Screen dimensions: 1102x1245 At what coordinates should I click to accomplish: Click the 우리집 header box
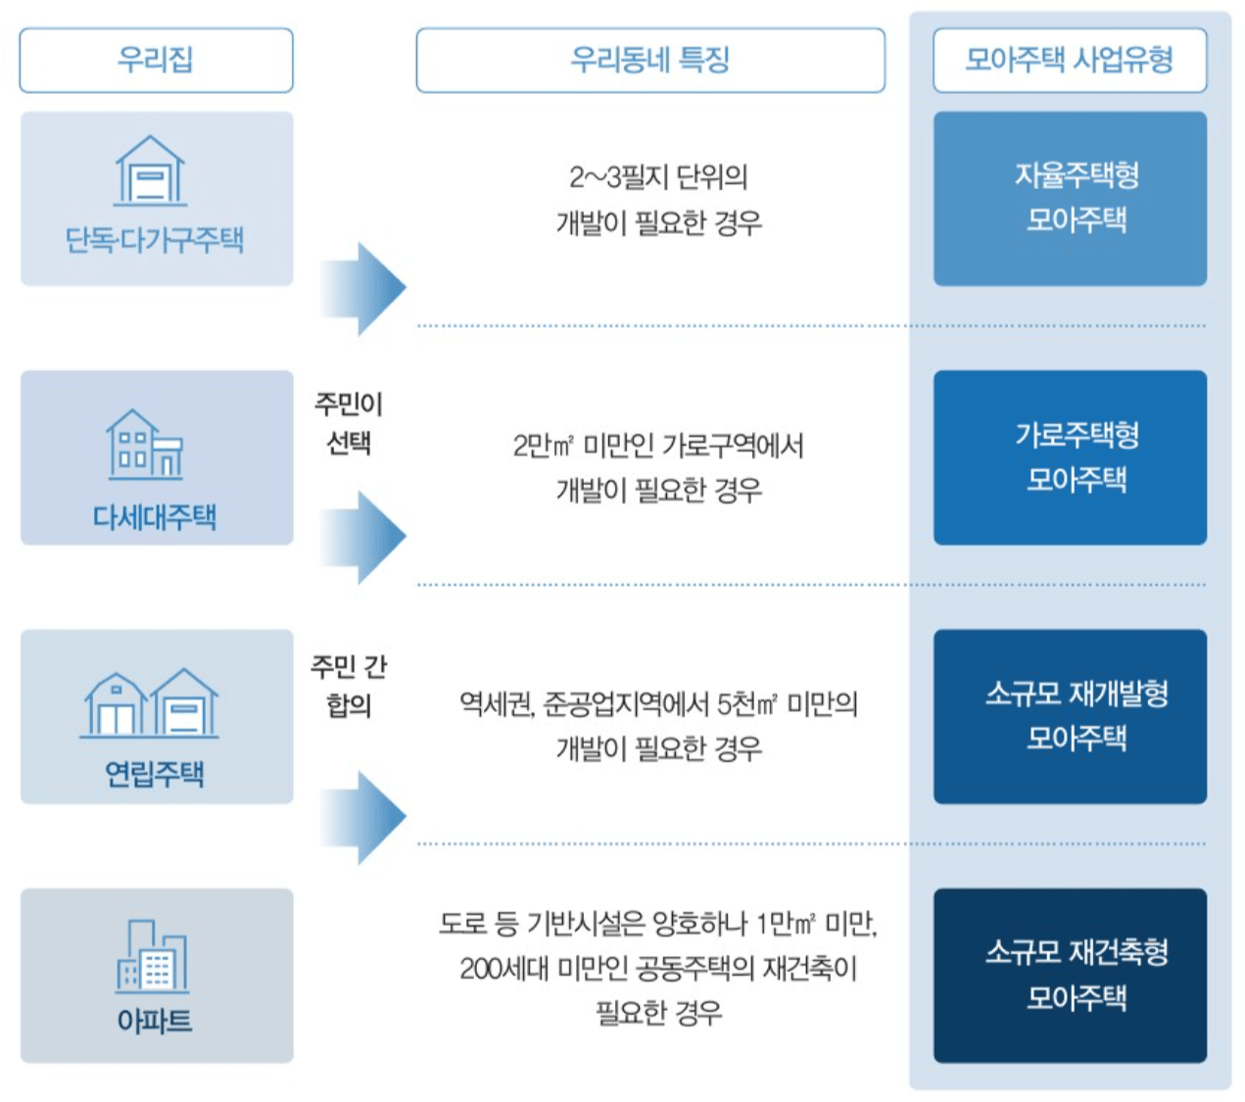tap(156, 60)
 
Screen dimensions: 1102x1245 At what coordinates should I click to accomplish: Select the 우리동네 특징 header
tap(649, 60)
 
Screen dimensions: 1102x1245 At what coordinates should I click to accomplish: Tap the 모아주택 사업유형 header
tap(1069, 60)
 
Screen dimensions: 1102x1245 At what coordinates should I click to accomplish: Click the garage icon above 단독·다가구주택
tap(150, 170)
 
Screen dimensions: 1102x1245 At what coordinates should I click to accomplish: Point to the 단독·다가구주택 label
tap(155, 240)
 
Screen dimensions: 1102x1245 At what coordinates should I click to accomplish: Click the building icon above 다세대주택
tap(145, 445)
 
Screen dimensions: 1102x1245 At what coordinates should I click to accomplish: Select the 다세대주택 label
tap(155, 516)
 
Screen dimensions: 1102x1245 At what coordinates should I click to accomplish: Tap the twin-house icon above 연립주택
tap(150, 703)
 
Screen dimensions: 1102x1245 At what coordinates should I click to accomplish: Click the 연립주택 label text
tap(155, 774)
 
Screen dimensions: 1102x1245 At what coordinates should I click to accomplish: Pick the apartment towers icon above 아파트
tap(152, 956)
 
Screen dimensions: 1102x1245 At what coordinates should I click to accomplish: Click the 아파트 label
tap(155, 1021)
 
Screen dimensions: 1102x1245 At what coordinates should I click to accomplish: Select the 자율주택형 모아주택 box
tap(1069, 198)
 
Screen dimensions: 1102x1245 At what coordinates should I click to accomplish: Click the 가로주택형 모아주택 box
tap(1069, 456)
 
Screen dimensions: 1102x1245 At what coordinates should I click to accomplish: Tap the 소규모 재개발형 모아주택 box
tap(1069, 716)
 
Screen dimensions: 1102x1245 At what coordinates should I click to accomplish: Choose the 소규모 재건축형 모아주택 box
tap(1069, 975)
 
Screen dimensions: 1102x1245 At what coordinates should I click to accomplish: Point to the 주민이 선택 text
tap(349, 423)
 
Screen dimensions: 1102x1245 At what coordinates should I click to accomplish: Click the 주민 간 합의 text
tap(349, 685)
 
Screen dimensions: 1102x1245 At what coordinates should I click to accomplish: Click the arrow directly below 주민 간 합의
tap(362, 817)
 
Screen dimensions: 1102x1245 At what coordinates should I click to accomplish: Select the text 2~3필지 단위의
tap(658, 177)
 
